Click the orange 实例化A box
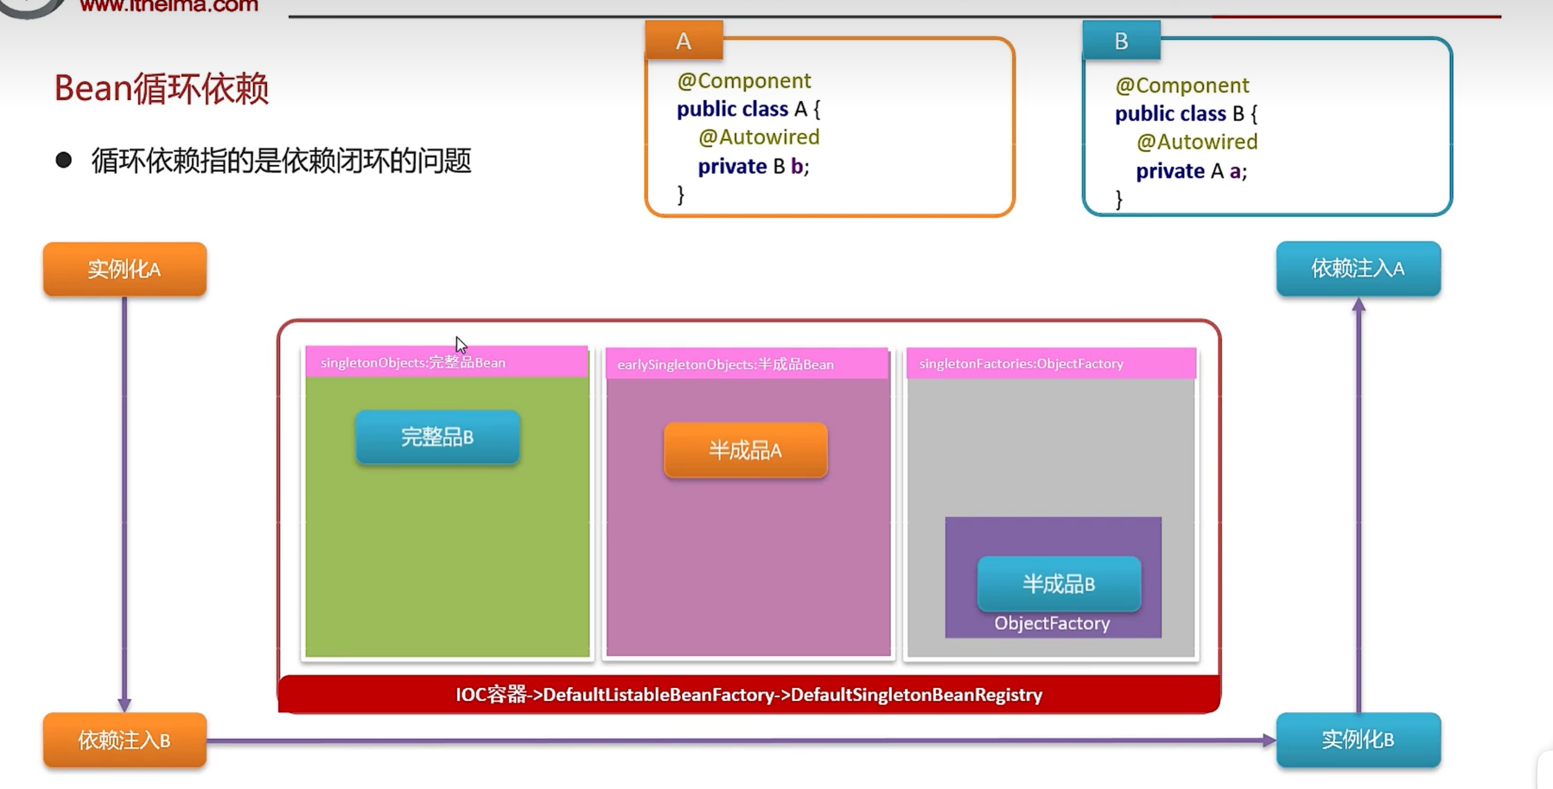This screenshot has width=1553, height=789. tap(124, 269)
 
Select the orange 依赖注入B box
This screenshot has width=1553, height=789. tap(124, 740)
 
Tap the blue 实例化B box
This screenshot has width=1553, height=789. tap(1358, 740)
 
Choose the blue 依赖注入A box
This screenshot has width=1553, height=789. tap(1358, 269)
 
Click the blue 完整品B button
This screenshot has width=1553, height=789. tap(437, 437)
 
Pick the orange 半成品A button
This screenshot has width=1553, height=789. tap(745, 450)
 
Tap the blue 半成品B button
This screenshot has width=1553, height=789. tap(1059, 584)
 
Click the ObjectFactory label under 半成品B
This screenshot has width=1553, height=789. tap(1052, 623)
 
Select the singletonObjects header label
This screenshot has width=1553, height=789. tap(413, 362)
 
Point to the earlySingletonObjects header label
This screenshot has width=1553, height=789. tap(725, 364)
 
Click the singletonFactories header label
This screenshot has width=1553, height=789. tap(1022, 364)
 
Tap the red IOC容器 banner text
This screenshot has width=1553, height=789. tap(748, 695)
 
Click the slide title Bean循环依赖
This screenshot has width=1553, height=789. tap(162, 88)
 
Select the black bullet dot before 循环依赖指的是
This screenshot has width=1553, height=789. tap(63, 160)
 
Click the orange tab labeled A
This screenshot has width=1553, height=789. tap(684, 41)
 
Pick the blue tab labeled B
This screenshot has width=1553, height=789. tap(1121, 41)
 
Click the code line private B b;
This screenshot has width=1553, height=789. tap(754, 166)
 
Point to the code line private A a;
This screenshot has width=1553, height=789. tap(1191, 171)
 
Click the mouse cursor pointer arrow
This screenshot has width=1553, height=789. tap(461, 345)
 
